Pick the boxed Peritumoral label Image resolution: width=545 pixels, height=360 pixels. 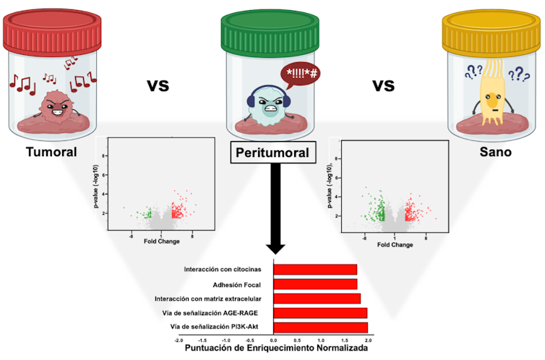click(x=271, y=153)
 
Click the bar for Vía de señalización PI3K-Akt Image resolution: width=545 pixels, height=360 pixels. click(x=320, y=327)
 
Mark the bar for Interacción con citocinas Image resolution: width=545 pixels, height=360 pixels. click(x=314, y=270)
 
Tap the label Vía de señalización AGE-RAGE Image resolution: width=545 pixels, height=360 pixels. click(x=213, y=313)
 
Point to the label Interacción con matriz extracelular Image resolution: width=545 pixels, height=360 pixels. click(x=207, y=299)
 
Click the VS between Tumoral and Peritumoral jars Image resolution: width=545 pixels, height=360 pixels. click(x=158, y=85)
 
